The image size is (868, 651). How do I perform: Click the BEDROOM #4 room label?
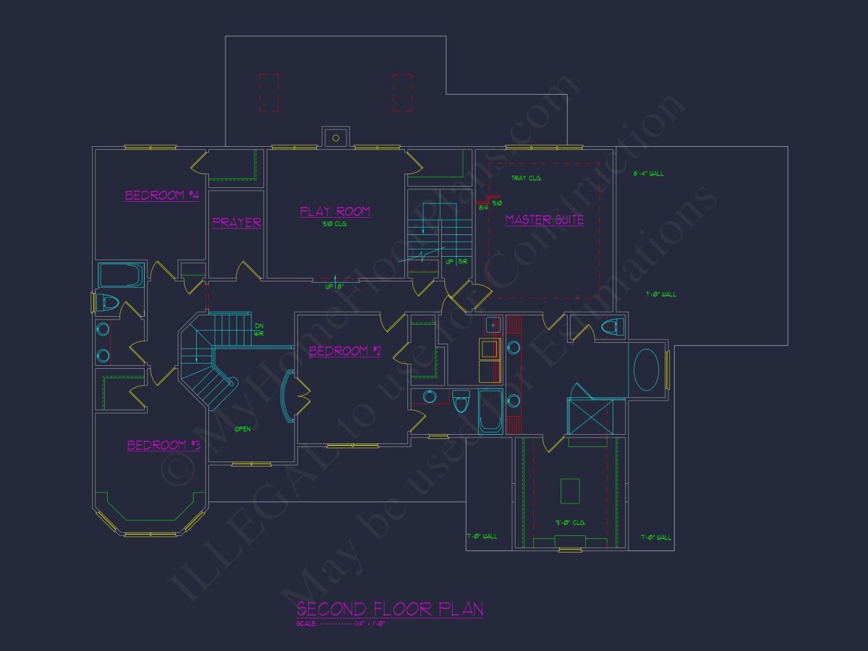click(161, 195)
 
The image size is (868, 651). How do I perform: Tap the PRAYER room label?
click(237, 223)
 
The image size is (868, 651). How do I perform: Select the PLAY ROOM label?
click(335, 211)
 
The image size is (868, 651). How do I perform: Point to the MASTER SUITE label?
click(544, 220)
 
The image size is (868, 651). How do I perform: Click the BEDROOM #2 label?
click(344, 352)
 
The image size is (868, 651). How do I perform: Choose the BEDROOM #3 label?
click(163, 446)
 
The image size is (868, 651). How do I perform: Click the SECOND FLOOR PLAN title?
click(390, 609)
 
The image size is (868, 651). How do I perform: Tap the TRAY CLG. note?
click(526, 178)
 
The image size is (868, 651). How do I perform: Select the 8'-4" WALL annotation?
click(648, 174)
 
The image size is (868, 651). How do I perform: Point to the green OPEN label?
click(242, 430)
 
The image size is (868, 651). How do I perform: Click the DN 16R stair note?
click(258, 331)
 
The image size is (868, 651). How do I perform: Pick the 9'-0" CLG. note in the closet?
click(570, 522)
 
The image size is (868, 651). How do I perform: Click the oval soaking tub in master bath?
click(647, 370)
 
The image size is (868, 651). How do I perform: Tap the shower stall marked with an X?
click(595, 416)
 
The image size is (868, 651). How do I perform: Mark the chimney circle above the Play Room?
click(335, 137)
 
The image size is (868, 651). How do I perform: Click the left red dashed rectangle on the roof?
click(269, 92)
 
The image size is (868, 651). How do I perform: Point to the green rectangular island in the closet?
click(570, 491)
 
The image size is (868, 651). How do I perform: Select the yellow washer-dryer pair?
click(490, 360)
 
